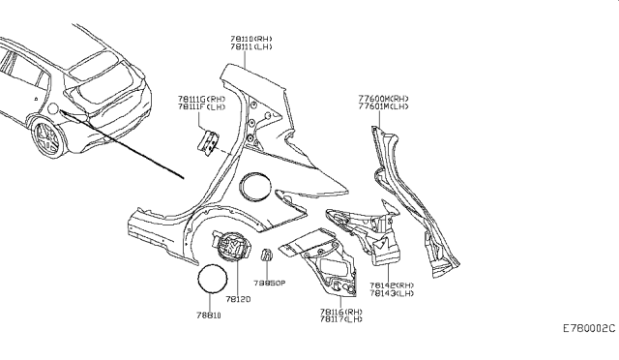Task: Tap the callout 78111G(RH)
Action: [201, 98]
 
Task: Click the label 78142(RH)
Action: [391, 286]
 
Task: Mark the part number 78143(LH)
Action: [391, 295]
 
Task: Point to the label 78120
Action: [238, 300]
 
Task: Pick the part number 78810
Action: [210, 315]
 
